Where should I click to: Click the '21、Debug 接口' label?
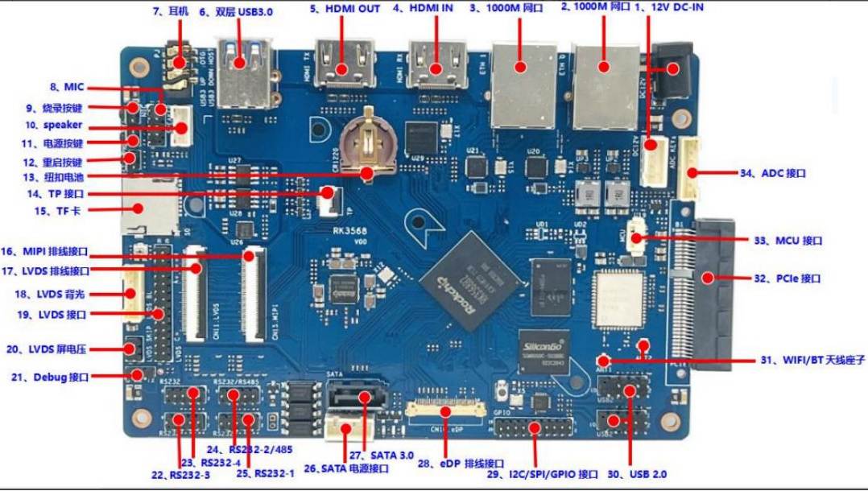click(55, 377)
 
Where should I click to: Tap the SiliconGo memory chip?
click(544, 349)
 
